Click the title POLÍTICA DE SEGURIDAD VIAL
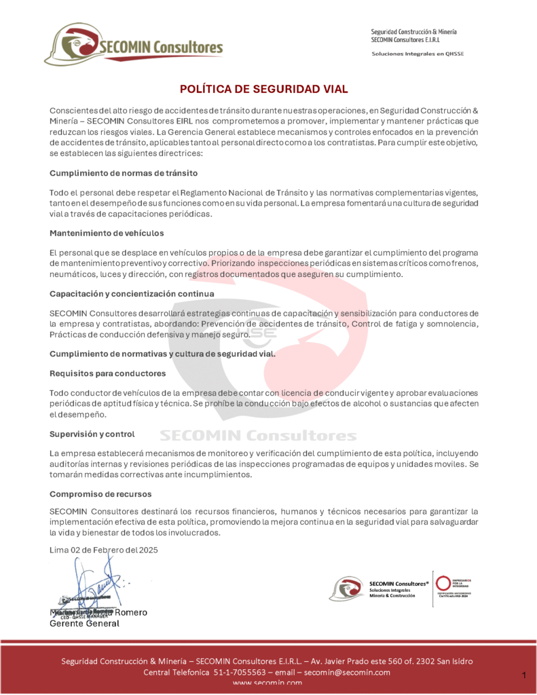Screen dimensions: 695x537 coord(263,90)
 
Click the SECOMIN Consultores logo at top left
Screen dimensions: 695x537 coord(134,45)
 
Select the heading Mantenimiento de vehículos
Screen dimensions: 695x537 coord(107,233)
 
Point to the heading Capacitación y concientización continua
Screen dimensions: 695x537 coord(132,293)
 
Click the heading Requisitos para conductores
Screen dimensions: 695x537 coord(107,373)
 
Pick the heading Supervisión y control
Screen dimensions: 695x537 coord(92,434)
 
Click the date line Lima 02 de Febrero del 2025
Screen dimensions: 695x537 coord(104,550)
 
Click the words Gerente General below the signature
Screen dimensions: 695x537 coord(85,623)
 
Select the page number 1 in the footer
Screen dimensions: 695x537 coord(524,675)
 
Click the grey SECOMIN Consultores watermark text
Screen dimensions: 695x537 coord(258,435)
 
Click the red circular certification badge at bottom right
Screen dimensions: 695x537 coord(444,583)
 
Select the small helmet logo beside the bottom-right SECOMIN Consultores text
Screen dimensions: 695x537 coord(346,588)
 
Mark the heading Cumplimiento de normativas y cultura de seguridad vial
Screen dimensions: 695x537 coord(163,354)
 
